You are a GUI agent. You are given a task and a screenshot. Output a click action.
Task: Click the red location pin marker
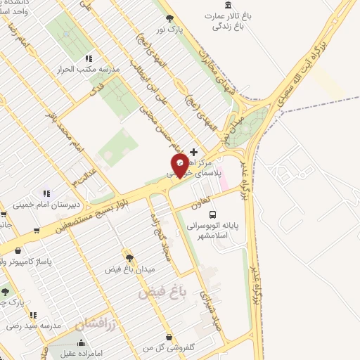pyautogui.click(x=180, y=165)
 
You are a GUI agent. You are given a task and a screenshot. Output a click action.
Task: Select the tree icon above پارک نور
pyautogui.click(x=168, y=18)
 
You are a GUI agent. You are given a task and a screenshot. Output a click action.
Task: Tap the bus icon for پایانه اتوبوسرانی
pyautogui.click(x=213, y=217)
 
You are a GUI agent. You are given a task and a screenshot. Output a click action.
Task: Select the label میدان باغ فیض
pyautogui.click(x=129, y=269)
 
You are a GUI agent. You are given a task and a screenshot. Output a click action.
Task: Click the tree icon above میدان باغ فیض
pyautogui.click(x=129, y=257)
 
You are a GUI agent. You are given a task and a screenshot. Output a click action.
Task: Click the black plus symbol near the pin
pyautogui.click(x=193, y=152)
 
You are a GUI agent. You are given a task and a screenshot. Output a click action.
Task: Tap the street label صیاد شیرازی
pyautogui.click(x=204, y=306)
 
